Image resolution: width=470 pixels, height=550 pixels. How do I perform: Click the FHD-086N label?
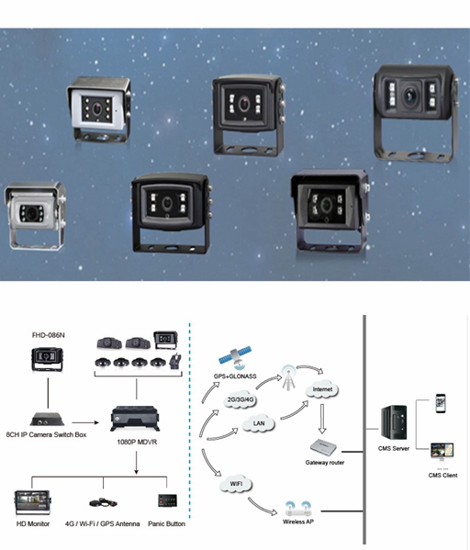click(49, 335)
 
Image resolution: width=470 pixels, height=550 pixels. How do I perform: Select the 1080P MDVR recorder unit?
click(135, 419)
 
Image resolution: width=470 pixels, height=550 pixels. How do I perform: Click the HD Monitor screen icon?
click(33, 502)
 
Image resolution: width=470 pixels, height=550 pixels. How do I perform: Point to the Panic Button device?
click(167, 500)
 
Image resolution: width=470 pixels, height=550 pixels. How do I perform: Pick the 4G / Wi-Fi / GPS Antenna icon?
click(103, 502)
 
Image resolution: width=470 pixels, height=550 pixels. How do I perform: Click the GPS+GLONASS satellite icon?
click(235, 358)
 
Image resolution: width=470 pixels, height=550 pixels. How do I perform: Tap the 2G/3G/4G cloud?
click(241, 399)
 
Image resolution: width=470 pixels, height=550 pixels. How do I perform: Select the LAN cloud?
click(259, 423)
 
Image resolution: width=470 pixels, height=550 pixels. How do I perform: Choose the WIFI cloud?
click(236, 484)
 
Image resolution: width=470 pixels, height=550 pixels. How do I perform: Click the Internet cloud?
click(322, 389)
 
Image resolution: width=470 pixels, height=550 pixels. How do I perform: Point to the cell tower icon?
click(288, 377)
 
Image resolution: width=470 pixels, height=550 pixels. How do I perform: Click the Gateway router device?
click(323, 447)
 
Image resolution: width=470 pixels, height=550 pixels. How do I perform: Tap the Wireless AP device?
click(297, 510)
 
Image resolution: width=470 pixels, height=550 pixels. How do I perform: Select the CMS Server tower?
click(394, 422)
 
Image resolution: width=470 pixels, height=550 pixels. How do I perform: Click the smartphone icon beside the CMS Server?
click(441, 403)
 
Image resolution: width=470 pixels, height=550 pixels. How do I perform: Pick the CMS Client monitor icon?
click(442, 452)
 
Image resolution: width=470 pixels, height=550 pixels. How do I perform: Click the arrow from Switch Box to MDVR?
click(85, 422)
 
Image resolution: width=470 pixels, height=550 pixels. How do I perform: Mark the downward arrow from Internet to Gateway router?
click(322, 419)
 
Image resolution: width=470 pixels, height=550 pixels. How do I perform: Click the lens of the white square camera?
click(97, 108)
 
